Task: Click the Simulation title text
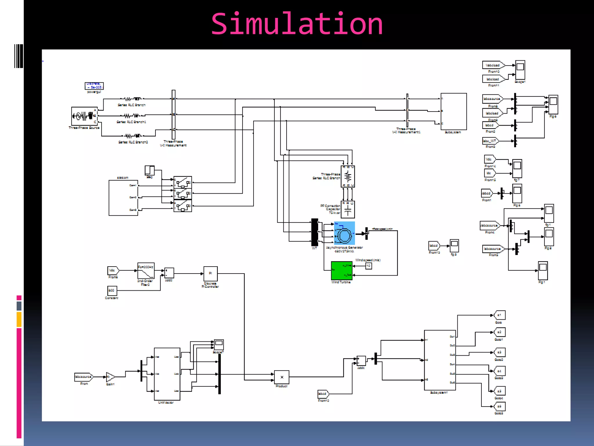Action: click(x=297, y=24)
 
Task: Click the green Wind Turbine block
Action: click(x=341, y=270)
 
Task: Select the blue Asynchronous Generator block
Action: click(x=344, y=233)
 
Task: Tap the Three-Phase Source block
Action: click(x=84, y=116)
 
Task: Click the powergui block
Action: click(x=94, y=86)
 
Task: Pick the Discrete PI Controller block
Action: click(x=210, y=274)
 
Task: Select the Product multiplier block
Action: click(x=281, y=377)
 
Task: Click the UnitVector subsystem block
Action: click(x=167, y=374)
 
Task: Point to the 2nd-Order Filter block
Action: click(x=146, y=271)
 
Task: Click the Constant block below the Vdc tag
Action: click(x=112, y=291)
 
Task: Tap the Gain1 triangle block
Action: click(x=110, y=377)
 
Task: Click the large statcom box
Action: click(x=123, y=198)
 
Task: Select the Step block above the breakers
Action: click(x=149, y=170)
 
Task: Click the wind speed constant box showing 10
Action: click(x=368, y=266)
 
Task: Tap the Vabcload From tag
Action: click(x=493, y=65)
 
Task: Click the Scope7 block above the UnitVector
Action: click(x=219, y=345)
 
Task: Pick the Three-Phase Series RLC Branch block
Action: click(x=348, y=177)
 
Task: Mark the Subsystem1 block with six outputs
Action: click(x=440, y=360)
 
